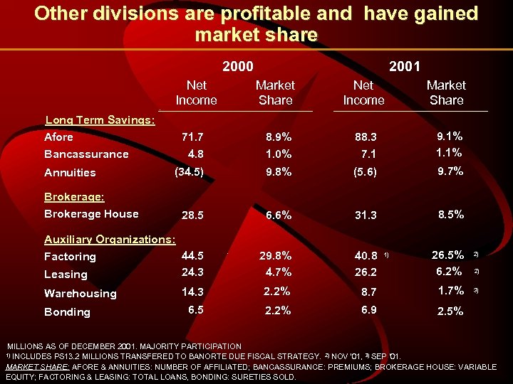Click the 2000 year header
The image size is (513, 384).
[237, 67]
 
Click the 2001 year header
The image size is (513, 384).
[404, 67]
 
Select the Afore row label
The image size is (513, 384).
[58, 137]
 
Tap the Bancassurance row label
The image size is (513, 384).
[86, 154]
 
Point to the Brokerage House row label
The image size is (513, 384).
[91, 214]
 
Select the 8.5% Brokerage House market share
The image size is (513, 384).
[450, 213]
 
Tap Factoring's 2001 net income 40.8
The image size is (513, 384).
[366, 256]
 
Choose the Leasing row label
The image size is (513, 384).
[66, 274]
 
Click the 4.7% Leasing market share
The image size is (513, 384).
[277, 272]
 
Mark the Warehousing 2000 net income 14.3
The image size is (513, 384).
[192, 292]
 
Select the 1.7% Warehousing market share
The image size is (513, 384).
[450, 290]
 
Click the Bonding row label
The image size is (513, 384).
[67, 312]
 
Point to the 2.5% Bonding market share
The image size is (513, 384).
[450, 311]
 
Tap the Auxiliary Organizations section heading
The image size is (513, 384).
[110, 240]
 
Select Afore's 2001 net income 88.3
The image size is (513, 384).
[366, 137]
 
